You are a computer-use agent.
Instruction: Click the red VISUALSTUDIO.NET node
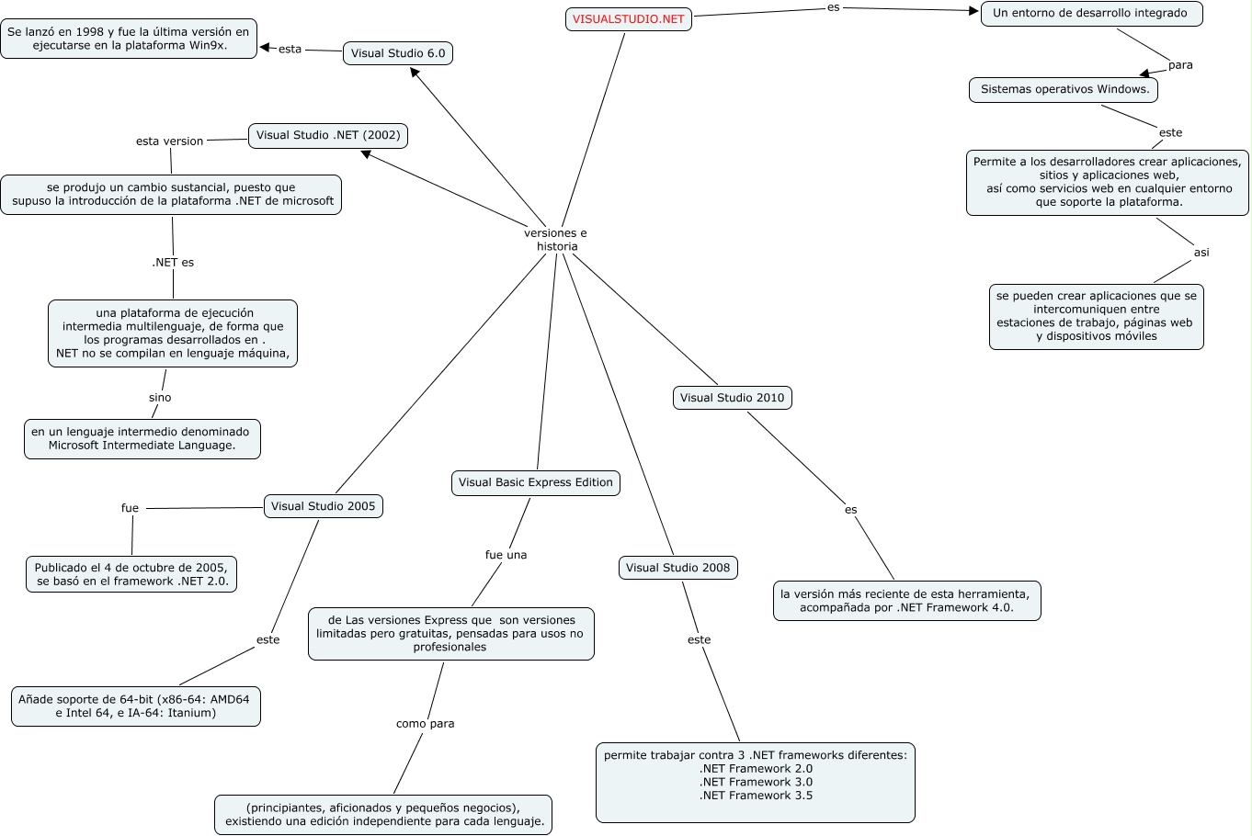click(628, 19)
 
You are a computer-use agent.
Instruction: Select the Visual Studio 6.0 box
click(397, 53)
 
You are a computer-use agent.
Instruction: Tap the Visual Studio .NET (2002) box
click(328, 135)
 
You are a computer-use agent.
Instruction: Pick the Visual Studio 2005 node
click(323, 506)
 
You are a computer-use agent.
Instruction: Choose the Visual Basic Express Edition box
click(535, 482)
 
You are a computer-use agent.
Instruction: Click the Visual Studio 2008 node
click(677, 568)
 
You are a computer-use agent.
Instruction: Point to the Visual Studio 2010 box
click(732, 398)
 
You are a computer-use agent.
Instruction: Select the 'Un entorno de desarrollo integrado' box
click(1091, 14)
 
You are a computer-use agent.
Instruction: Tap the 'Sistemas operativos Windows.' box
click(1064, 90)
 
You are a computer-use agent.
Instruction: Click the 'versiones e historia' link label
click(556, 240)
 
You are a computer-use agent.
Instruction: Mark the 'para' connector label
click(1180, 65)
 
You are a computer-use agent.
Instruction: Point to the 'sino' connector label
click(160, 398)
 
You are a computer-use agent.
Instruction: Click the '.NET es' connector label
click(173, 263)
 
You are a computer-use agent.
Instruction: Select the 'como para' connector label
click(425, 724)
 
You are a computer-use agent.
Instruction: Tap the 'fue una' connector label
click(506, 555)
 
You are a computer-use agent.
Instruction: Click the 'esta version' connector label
click(169, 141)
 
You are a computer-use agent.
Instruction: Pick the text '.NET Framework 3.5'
click(756, 796)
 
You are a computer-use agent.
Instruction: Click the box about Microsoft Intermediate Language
click(142, 439)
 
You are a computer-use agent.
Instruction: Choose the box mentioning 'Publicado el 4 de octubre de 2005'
click(131, 574)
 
